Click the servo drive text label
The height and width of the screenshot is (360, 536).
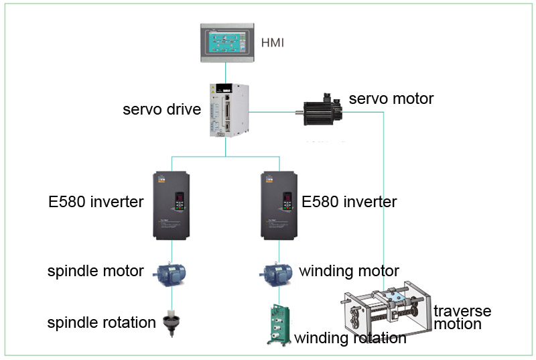coord(162,109)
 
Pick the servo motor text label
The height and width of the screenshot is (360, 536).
coord(391,99)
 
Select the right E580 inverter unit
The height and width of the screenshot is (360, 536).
coord(279,205)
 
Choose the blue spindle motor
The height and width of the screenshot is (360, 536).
coord(172,273)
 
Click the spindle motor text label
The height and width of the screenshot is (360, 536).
coord(96,272)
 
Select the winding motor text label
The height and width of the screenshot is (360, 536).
coord(349,272)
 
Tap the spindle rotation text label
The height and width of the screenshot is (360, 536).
coord(102,322)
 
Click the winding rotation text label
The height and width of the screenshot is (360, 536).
coord(350,338)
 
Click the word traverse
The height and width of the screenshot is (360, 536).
coord(462,311)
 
